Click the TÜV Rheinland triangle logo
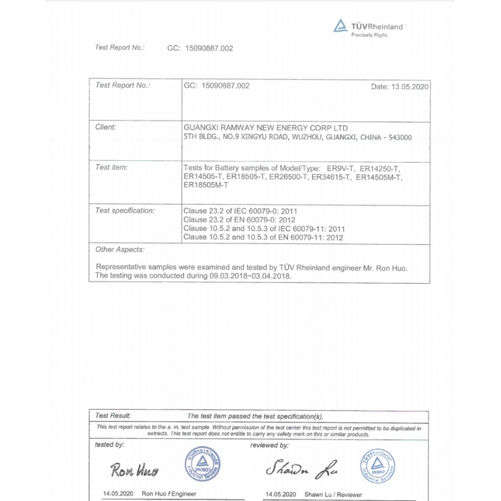pyautogui.click(x=340, y=26)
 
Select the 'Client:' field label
pyautogui.click(x=106, y=127)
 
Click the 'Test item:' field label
pyautogui.click(x=111, y=167)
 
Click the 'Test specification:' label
pyautogui.click(x=125, y=210)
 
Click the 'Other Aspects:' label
pyautogui.click(x=120, y=249)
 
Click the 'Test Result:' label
pyautogui.click(x=113, y=416)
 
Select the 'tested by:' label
pyautogui.click(x=110, y=445)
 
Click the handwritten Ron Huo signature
pyautogui.click(x=134, y=469)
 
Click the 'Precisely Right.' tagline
pyautogui.click(x=369, y=35)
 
